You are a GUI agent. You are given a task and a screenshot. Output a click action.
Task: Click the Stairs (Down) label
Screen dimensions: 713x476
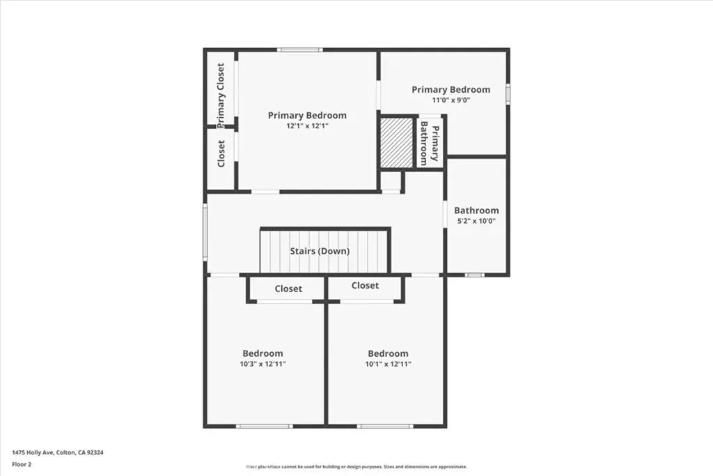(320, 251)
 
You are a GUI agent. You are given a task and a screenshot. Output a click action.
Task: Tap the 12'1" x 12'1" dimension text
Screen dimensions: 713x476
(307, 126)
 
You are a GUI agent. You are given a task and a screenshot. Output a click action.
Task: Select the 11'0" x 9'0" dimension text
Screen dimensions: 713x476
(450, 100)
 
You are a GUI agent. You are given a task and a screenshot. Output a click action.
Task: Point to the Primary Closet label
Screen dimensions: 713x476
(221, 95)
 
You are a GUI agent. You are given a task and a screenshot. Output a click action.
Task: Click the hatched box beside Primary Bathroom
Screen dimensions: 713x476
(397, 143)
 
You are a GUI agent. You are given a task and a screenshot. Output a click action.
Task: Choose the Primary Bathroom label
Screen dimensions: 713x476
(430, 144)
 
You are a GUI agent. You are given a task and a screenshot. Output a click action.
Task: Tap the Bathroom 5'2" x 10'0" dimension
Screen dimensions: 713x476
(476, 221)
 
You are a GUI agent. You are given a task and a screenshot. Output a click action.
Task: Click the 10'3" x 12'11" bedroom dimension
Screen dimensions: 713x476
(263, 364)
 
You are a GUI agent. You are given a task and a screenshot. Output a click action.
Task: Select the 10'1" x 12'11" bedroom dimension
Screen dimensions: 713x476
(388, 364)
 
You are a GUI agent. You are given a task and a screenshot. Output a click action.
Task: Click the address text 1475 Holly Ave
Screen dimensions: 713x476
(33, 452)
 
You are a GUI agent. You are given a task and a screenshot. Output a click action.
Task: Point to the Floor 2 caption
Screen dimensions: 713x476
(22, 465)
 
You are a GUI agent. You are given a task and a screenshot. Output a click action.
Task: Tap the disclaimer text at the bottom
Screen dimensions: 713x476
(356, 466)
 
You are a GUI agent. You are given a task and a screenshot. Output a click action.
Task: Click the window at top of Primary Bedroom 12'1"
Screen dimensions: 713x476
(301, 49)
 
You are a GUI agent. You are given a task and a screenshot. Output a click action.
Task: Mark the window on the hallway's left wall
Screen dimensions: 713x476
(205, 232)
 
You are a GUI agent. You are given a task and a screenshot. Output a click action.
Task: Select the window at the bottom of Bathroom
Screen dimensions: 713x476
(474, 275)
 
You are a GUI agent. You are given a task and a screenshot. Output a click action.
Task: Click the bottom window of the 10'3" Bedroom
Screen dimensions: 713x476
(264, 427)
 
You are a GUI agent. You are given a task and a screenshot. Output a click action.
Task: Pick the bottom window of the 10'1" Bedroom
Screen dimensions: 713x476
(385, 427)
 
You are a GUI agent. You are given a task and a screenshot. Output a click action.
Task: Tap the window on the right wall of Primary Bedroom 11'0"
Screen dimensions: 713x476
(508, 94)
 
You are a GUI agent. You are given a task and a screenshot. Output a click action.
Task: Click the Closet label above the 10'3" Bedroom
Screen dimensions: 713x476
(288, 289)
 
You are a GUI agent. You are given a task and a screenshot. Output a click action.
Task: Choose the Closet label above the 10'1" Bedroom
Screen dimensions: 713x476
(365, 285)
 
